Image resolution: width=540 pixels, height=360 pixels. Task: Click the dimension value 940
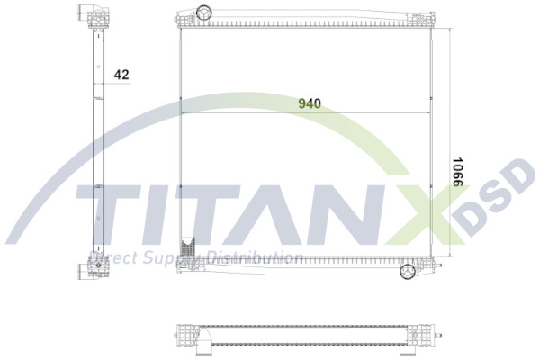coord(310,103)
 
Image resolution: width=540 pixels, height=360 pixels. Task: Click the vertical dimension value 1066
coord(457,172)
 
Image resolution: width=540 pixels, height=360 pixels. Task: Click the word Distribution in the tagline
coord(254,258)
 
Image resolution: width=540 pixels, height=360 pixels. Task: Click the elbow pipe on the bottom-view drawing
coord(205,339)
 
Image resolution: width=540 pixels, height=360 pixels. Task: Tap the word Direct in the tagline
coord(111,258)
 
